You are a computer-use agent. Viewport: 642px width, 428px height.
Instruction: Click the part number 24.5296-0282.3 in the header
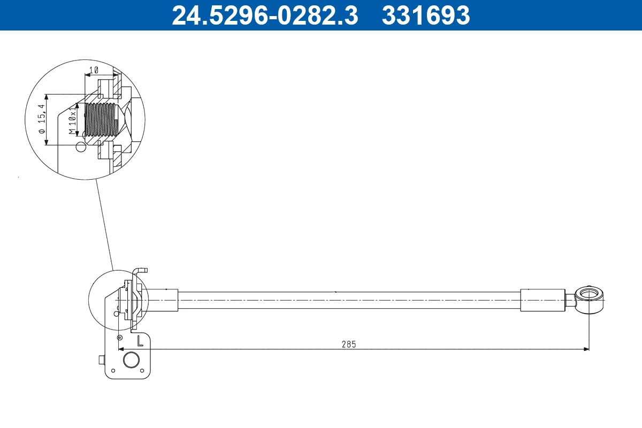264,15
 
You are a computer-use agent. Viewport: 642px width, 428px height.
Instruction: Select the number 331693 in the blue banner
425,15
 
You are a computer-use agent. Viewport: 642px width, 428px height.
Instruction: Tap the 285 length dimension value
349,344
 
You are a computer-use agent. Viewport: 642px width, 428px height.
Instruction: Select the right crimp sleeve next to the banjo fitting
542,300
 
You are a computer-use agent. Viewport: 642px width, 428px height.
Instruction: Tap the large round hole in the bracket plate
131,359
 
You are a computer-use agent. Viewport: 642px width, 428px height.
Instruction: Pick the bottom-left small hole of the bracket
113,371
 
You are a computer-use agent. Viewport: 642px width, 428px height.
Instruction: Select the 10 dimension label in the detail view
94,70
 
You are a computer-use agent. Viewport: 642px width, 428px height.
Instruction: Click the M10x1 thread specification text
72,120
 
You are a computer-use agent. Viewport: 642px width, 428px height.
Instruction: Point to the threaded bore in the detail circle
101,120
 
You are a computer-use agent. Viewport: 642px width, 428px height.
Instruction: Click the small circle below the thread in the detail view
80,147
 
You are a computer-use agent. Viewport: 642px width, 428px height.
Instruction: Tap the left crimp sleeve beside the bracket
162,300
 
